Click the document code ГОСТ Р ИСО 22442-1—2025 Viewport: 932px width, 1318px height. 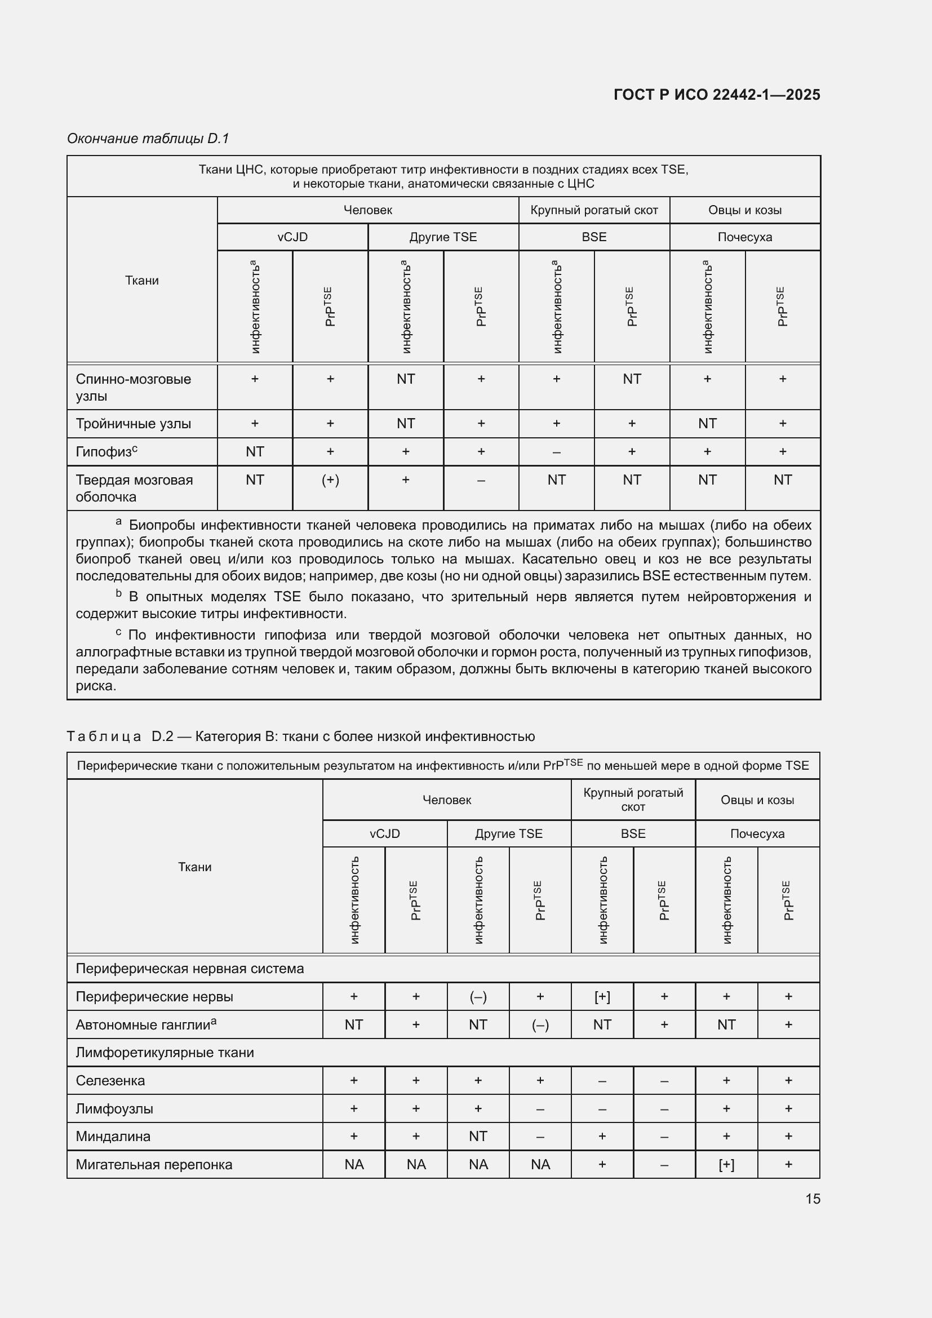pos(716,95)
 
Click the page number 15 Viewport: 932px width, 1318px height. pos(812,1199)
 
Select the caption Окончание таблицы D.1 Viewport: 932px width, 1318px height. pos(148,139)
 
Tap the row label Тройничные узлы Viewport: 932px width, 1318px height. pos(133,424)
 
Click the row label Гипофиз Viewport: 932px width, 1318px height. pos(106,452)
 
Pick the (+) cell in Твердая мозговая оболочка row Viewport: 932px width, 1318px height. pos(330,480)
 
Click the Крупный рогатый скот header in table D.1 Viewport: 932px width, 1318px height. pos(593,210)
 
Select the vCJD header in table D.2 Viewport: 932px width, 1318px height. pos(384,833)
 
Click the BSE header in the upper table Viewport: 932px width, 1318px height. pos(593,237)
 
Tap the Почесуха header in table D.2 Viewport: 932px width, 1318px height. pos(756,833)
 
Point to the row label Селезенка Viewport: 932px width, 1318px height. pos(110,1080)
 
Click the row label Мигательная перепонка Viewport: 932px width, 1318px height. pos(154,1164)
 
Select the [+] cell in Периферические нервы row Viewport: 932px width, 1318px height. pos(602,997)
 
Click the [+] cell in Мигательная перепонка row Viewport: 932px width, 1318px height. pos(726,1164)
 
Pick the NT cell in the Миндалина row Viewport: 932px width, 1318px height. pos(477,1136)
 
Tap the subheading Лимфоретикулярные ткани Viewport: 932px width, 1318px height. pos(164,1052)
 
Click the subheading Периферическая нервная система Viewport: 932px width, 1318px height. pos(189,969)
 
